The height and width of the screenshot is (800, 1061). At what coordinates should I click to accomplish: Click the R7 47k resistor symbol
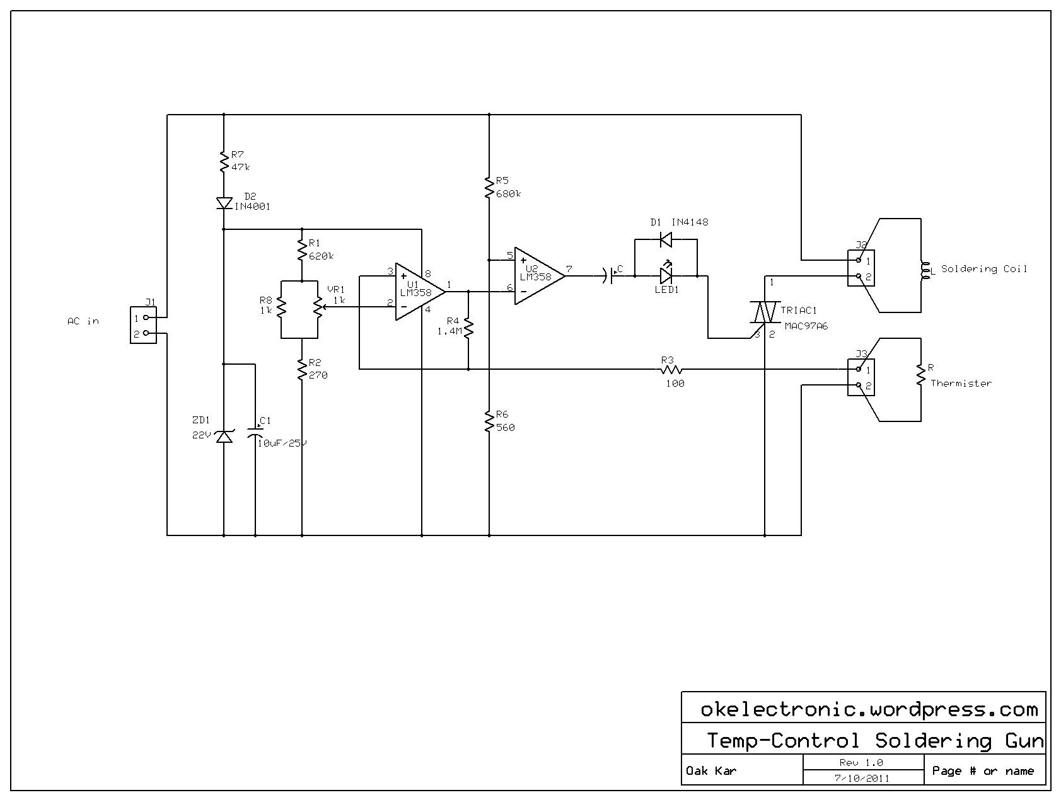223,161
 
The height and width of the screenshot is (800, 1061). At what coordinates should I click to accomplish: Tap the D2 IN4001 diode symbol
224,203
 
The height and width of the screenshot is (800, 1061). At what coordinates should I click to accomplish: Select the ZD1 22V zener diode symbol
224,436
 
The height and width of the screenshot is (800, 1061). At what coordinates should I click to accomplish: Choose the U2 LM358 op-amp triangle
540,275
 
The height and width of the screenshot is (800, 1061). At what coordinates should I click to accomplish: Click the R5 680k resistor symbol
489,187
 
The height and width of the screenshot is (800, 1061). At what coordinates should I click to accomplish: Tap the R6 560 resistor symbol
489,421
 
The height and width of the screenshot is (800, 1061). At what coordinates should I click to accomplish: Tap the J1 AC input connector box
143,325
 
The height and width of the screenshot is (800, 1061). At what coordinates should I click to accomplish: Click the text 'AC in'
83,321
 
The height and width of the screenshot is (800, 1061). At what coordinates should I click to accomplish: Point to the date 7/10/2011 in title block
862,778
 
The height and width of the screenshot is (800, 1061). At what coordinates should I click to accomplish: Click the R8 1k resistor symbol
282,308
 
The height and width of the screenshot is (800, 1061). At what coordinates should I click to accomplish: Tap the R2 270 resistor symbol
302,369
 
